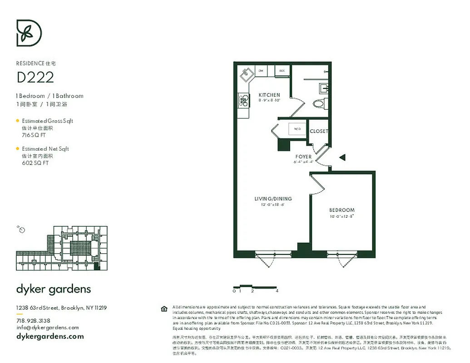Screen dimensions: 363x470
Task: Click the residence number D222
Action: pos(35,78)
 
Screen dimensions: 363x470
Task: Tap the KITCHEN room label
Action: pos(269,95)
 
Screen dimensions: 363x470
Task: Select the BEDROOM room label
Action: pos(341,210)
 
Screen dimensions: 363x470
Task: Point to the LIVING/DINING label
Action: pos(272,199)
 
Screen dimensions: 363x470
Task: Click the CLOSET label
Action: pos(319,131)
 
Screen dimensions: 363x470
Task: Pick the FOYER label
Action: pos(303,157)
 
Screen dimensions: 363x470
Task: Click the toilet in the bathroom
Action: pos(319,103)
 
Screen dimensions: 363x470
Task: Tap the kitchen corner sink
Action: pos(246,73)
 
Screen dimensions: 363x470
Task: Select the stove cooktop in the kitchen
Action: pos(243,100)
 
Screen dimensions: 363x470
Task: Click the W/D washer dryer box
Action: pos(297,129)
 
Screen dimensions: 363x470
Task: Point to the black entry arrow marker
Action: pos(343,157)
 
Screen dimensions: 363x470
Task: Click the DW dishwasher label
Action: pos(261,71)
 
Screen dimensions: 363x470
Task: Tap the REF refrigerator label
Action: pos(282,71)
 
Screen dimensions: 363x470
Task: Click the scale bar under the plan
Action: pos(254,287)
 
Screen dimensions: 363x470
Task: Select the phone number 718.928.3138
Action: pos(33,320)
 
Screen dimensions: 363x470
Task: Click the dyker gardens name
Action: pos(54,289)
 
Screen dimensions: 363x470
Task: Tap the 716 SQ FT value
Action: pos(34,135)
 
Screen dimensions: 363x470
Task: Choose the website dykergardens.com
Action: pos(50,336)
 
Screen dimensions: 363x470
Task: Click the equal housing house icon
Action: pos(164,309)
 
